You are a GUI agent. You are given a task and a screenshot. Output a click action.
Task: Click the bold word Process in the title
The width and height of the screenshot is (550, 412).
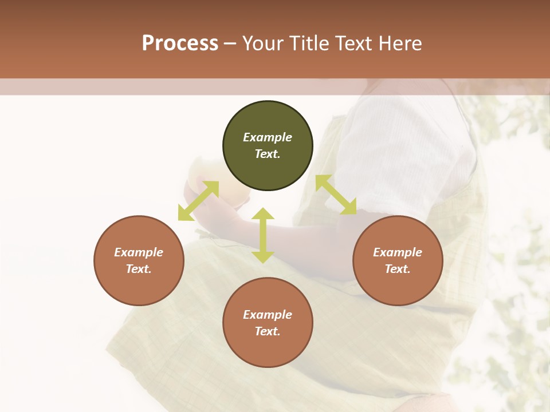[x=180, y=43]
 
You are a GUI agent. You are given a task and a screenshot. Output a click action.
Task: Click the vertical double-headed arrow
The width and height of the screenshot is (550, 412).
[x=263, y=236]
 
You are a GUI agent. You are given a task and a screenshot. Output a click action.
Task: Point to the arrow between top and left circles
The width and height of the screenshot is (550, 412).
[x=198, y=200]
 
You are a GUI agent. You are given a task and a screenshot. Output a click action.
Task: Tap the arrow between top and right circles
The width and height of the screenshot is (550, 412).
[x=336, y=195]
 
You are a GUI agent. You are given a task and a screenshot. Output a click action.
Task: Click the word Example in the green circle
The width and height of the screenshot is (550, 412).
[x=268, y=137]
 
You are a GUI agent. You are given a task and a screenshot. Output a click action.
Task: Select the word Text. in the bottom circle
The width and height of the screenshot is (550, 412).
[x=268, y=331]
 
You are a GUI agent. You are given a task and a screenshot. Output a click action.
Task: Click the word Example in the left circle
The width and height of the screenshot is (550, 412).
[x=139, y=252]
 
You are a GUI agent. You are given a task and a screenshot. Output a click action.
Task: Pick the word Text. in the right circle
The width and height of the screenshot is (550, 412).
[x=398, y=269]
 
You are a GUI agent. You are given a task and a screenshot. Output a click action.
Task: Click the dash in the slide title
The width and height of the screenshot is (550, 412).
[x=230, y=43]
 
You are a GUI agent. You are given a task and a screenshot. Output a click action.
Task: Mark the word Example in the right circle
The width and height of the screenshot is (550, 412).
[x=398, y=252]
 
